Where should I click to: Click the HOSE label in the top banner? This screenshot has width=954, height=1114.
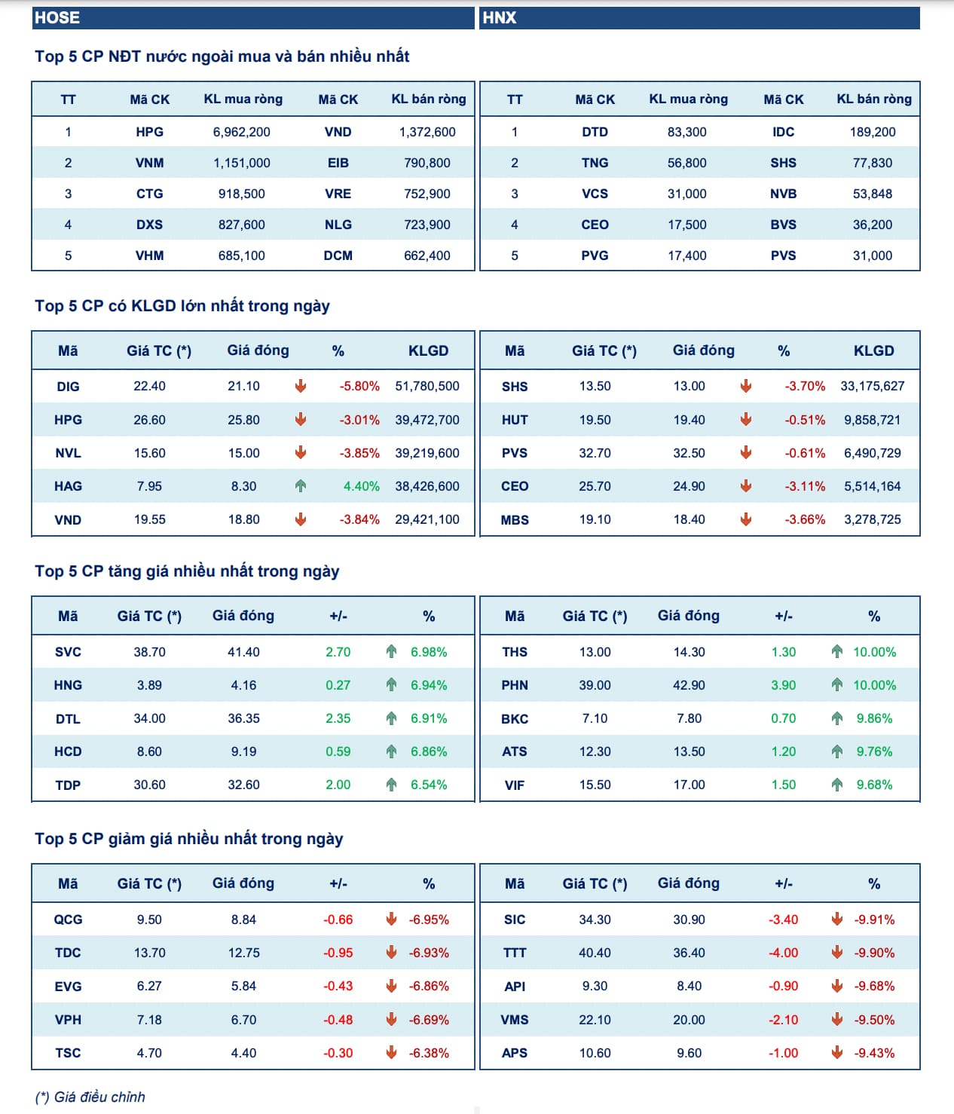[x=57, y=18]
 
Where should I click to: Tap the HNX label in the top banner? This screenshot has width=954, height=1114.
[x=500, y=18]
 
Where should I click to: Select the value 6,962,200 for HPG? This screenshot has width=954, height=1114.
[x=241, y=132]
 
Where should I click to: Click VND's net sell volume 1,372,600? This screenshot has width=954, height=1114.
[x=427, y=132]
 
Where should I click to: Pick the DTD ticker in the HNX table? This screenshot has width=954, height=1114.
[x=595, y=132]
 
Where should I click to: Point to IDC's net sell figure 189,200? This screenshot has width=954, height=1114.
[x=873, y=132]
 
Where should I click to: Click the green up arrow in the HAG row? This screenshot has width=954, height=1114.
[x=301, y=486]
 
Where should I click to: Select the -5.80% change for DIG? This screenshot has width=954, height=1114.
[x=359, y=386]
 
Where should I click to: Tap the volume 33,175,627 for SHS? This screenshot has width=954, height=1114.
[x=873, y=386]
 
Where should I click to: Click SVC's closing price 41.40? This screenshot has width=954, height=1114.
[x=243, y=652]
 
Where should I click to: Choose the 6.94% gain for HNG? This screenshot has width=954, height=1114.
[x=429, y=685]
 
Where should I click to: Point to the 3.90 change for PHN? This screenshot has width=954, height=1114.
[x=784, y=685]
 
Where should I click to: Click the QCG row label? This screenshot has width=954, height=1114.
[x=68, y=920]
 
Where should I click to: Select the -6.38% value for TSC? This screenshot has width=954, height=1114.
[x=429, y=1053]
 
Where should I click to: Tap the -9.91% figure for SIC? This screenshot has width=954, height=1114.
[x=874, y=920]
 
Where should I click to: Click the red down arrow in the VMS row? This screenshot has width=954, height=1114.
[x=836, y=1019]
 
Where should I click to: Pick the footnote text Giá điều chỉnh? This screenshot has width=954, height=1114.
[x=99, y=1097]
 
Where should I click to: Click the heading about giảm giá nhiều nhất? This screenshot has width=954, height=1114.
[x=188, y=839]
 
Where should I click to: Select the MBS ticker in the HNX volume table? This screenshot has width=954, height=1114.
[x=515, y=520]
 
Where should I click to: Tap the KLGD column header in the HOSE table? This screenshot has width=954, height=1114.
[x=428, y=350]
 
